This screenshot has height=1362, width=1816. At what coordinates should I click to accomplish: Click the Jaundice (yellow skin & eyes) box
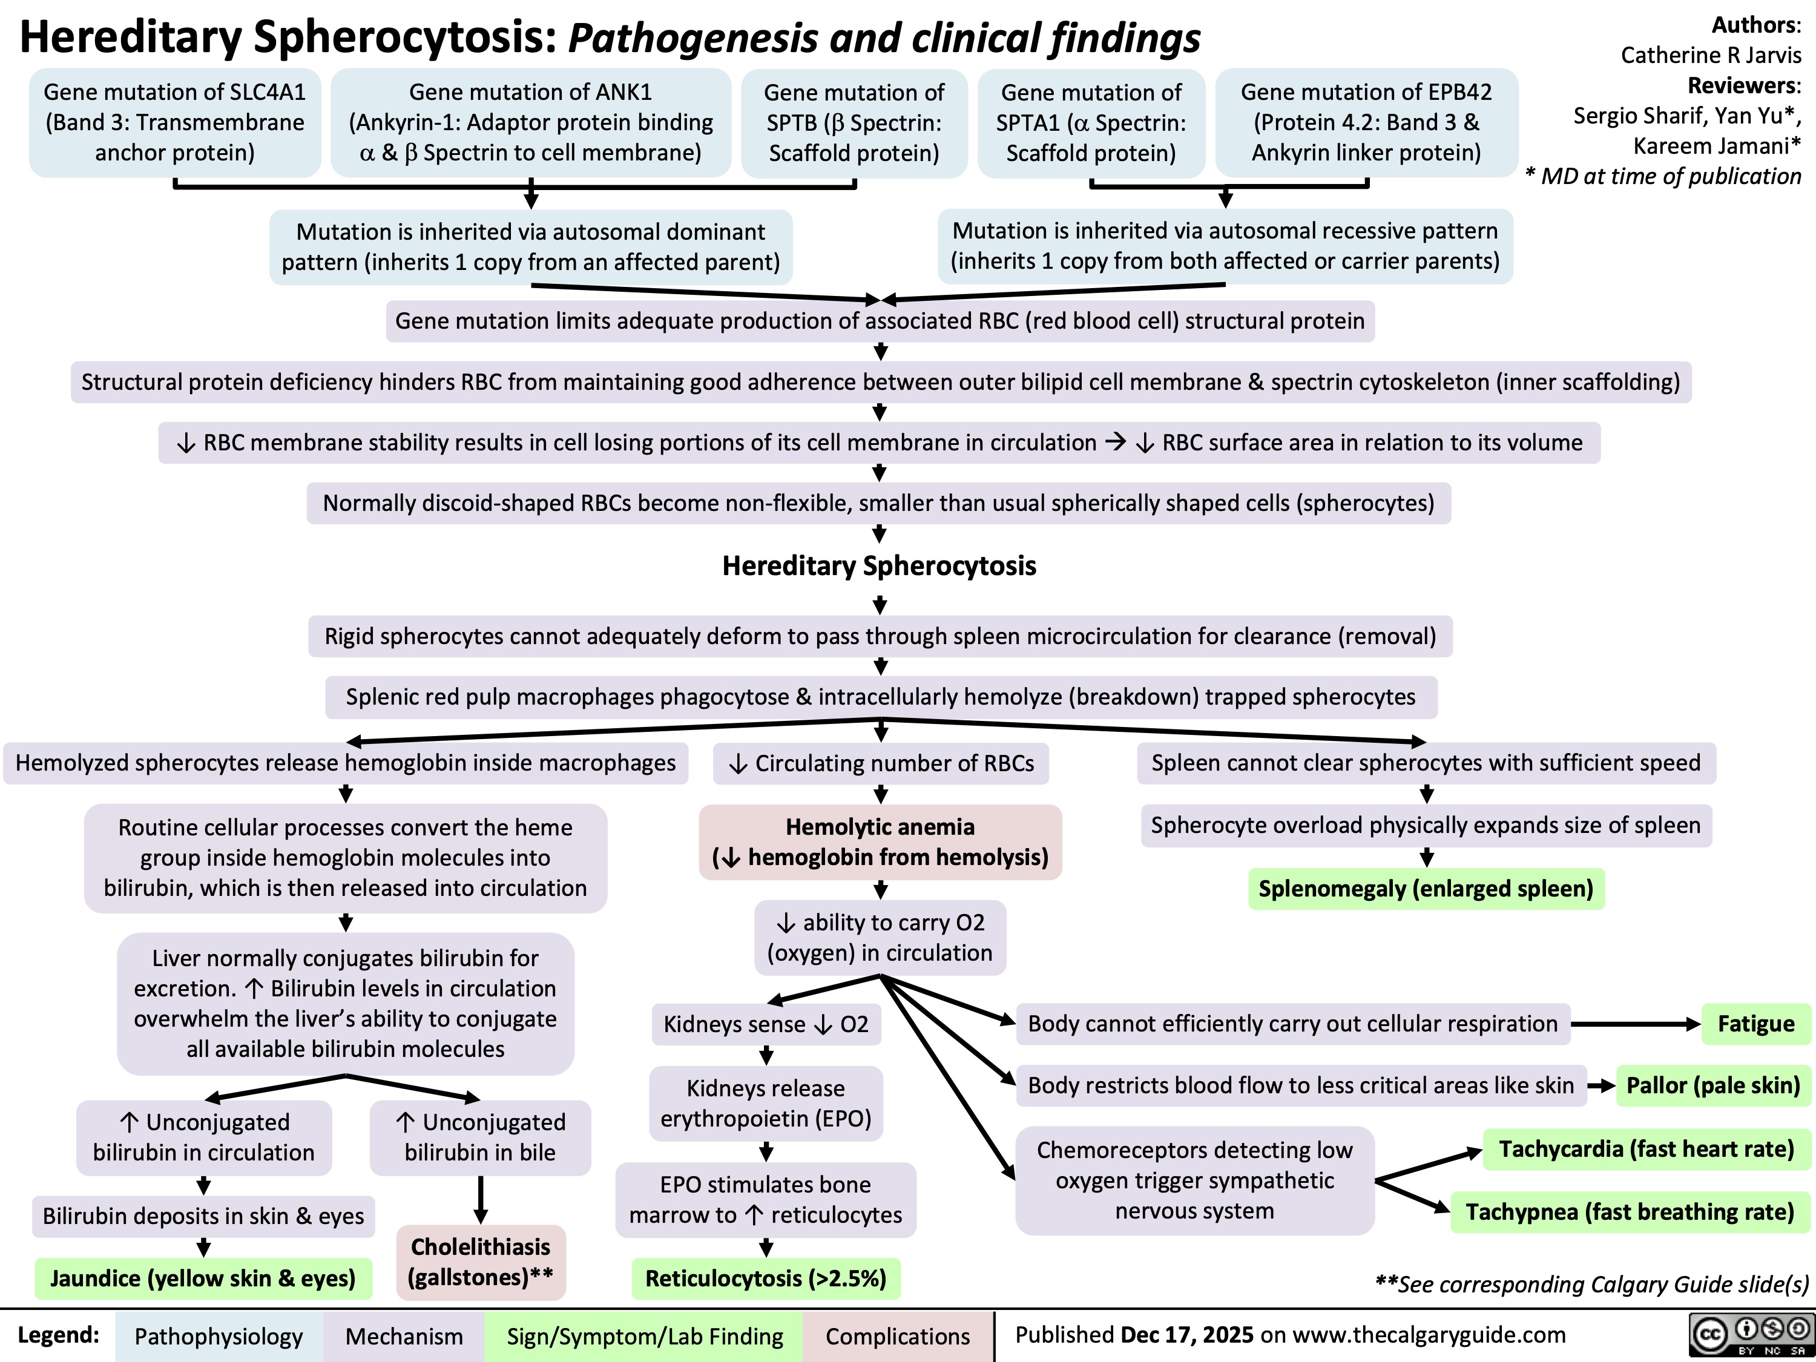[x=203, y=1278]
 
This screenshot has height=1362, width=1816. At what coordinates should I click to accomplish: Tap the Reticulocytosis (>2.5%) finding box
[x=766, y=1278]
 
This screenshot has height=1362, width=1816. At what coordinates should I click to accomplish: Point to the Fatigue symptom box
[x=1756, y=1024]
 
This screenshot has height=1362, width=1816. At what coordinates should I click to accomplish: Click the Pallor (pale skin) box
[x=1713, y=1085]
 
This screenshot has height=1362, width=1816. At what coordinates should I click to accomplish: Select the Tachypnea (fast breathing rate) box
[x=1630, y=1212]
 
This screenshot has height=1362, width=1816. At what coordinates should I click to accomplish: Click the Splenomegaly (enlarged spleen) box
[x=1426, y=888]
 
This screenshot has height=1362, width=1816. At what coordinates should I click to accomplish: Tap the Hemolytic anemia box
[x=880, y=841]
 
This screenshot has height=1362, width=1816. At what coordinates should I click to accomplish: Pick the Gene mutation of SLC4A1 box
[x=175, y=122]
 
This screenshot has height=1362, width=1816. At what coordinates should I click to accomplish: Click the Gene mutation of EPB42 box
[x=1366, y=122]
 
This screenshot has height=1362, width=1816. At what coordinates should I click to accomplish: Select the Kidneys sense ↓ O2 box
[x=766, y=1024]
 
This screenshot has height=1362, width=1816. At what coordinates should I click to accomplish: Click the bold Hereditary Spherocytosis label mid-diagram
[x=880, y=565]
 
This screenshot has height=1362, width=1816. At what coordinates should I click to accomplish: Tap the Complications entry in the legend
[x=897, y=1337]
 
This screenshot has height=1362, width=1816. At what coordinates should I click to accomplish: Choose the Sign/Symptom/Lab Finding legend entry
[x=645, y=1337]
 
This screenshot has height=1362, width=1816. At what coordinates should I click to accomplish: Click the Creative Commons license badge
[x=1749, y=1336]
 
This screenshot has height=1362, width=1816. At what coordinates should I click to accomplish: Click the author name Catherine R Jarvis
[x=1711, y=55]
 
